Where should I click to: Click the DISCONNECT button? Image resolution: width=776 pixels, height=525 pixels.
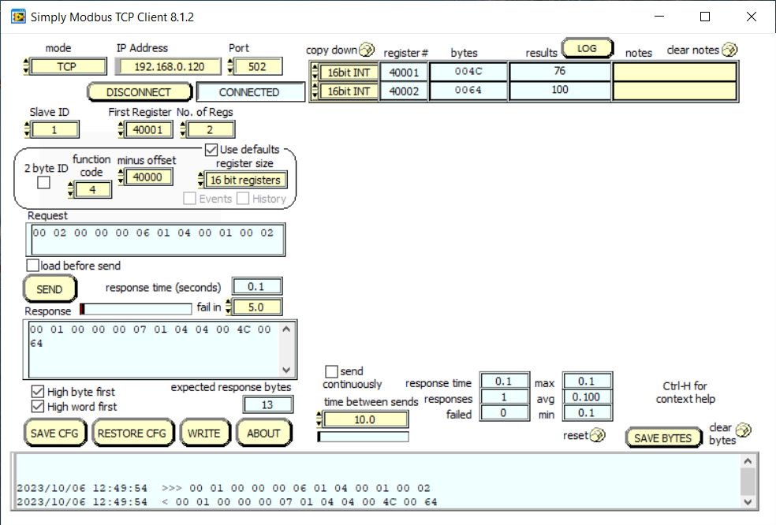(139, 92)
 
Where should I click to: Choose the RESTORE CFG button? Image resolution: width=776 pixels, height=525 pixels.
(132, 433)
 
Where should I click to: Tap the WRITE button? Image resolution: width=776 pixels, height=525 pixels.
(203, 433)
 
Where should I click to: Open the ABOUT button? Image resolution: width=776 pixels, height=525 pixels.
(263, 433)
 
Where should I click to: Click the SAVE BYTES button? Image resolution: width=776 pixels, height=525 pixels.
(662, 438)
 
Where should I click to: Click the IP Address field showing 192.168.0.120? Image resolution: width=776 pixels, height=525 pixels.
(164, 67)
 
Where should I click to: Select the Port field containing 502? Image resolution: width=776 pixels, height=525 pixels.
(259, 67)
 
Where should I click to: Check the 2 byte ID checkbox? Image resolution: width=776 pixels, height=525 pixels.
(44, 183)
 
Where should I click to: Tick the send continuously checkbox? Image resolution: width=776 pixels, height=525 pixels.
(331, 370)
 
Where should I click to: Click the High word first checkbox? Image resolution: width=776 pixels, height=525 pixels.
(37, 407)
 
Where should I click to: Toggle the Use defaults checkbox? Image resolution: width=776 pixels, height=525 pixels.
(211, 149)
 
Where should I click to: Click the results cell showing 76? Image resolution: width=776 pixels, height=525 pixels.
(559, 72)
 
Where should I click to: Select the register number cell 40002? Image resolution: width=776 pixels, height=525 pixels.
(404, 91)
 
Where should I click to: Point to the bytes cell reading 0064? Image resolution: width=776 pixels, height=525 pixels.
(468, 91)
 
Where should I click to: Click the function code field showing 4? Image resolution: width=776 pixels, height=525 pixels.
(93, 190)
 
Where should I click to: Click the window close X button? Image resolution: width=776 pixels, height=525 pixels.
(749, 17)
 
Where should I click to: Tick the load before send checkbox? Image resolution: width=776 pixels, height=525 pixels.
(33, 266)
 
